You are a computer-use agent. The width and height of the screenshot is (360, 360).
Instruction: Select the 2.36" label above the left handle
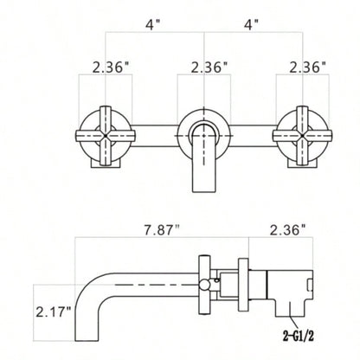(x=106, y=66)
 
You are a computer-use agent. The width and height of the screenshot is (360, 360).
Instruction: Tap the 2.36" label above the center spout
(x=204, y=66)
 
